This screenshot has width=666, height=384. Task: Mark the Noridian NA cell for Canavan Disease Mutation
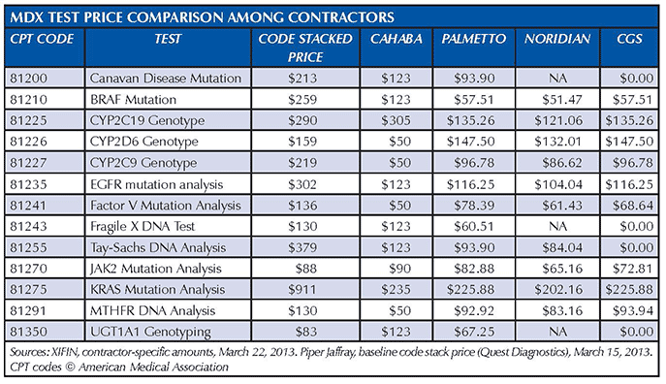pos(556,77)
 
